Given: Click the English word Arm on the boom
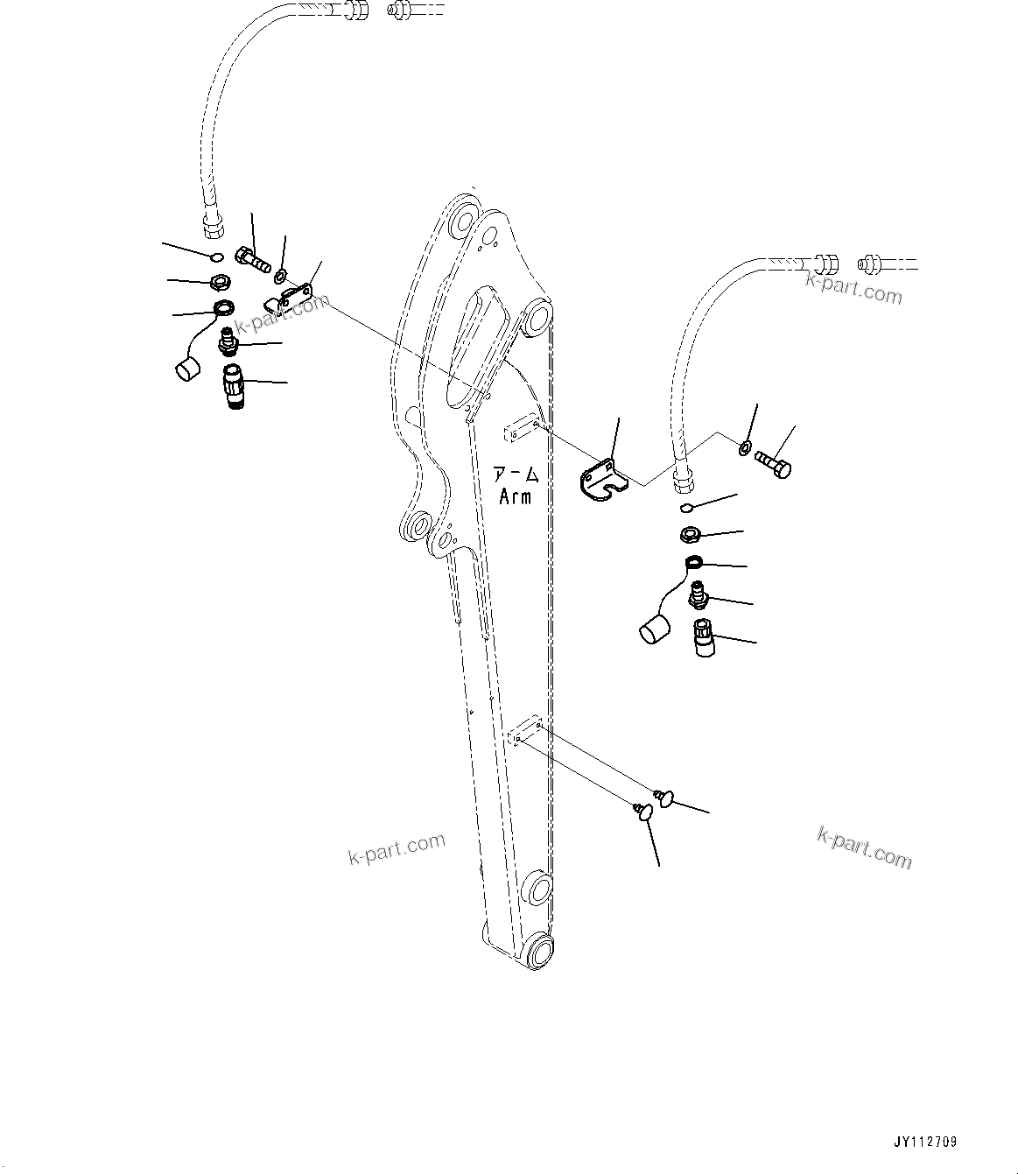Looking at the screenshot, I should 515,497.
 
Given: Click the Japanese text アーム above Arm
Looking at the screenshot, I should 516,476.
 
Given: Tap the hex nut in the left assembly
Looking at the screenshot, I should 222,283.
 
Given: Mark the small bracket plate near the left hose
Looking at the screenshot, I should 289,296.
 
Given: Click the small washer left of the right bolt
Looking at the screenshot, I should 744,449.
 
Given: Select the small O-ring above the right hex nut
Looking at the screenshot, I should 688,507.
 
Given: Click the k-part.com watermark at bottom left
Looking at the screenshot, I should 397,847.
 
